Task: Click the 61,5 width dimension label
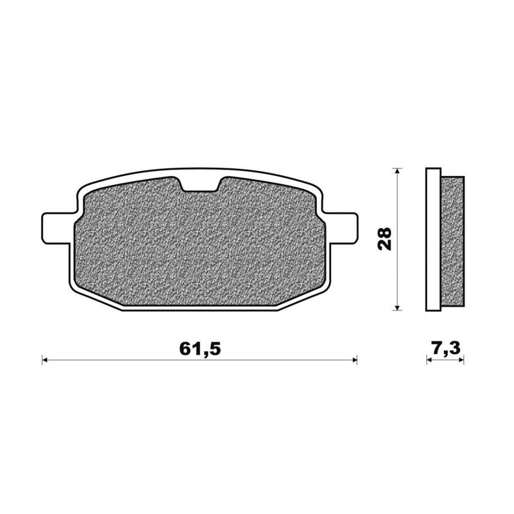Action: pyautogui.click(x=200, y=349)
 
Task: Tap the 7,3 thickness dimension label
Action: pyautogui.click(x=445, y=349)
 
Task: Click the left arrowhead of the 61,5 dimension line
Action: pyautogui.click(x=46, y=361)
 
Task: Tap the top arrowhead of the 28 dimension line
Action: pyautogui.click(x=398, y=172)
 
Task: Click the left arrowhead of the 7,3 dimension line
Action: pyautogui.click(x=429, y=361)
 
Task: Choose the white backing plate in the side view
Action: pyautogui.click(x=432, y=239)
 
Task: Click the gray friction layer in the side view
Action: pyautogui.click(x=452, y=239)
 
